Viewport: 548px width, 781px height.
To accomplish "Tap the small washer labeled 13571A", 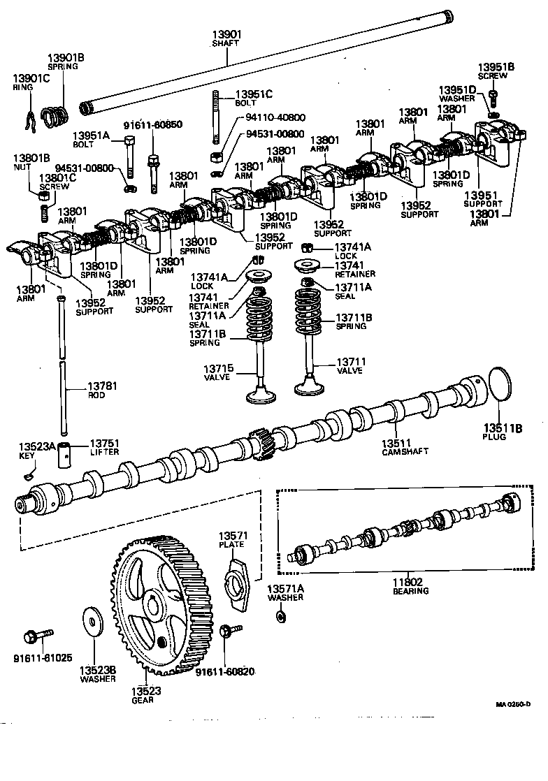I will click(280, 616).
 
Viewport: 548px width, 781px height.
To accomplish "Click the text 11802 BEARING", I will click(411, 585).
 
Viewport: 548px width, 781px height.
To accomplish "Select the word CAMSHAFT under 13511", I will click(405, 451).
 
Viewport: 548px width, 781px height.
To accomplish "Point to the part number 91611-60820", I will click(225, 672).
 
